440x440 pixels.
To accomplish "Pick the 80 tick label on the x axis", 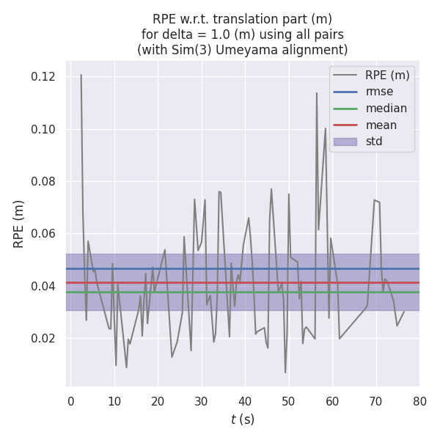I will pyautogui.click(x=419, y=401).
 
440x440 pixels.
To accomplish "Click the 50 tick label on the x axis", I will pyautogui.click(x=289, y=401).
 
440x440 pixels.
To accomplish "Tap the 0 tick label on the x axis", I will pyautogui.click(x=71, y=401).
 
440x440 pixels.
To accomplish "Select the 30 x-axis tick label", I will pyautogui.click(x=202, y=401).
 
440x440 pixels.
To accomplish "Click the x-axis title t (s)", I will pyautogui.click(x=243, y=419).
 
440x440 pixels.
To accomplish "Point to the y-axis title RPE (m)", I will pyautogui.click(x=19, y=224).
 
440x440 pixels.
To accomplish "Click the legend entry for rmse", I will pyautogui.click(x=379, y=92).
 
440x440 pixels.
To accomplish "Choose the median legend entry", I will pyautogui.click(x=386, y=109).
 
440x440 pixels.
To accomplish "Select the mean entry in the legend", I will pyautogui.click(x=381, y=125).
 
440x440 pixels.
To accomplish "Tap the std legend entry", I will pyautogui.click(x=374, y=142).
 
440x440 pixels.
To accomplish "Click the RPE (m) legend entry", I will pyautogui.click(x=387, y=75).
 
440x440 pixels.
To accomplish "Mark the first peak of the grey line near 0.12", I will pyautogui.click(x=81, y=75).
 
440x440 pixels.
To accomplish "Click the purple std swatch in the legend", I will pyautogui.click(x=345, y=142).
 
